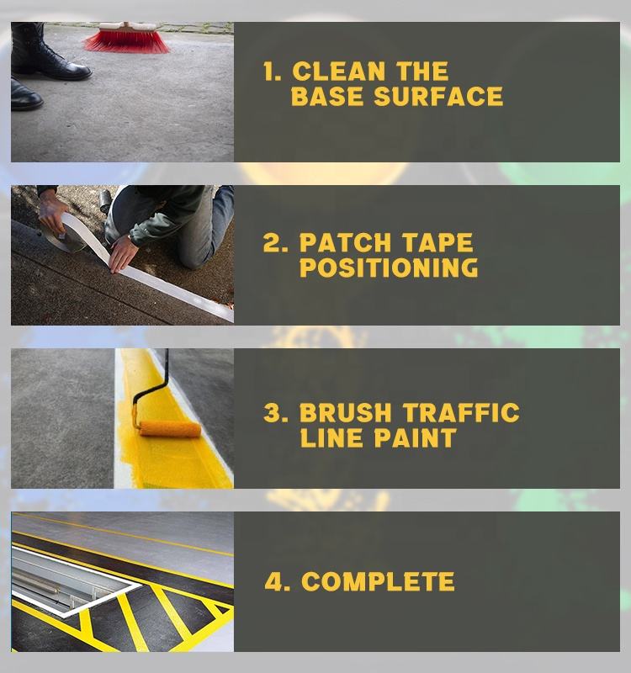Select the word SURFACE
click(x=438, y=96)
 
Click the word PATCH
click(x=345, y=243)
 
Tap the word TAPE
click(x=437, y=243)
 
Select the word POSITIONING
click(x=389, y=268)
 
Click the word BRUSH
click(x=345, y=413)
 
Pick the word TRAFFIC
click(x=461, y=413)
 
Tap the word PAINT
click(x=414, y=438)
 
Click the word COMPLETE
click(x=378, y=582)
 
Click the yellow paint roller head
click(x=170, y=429)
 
